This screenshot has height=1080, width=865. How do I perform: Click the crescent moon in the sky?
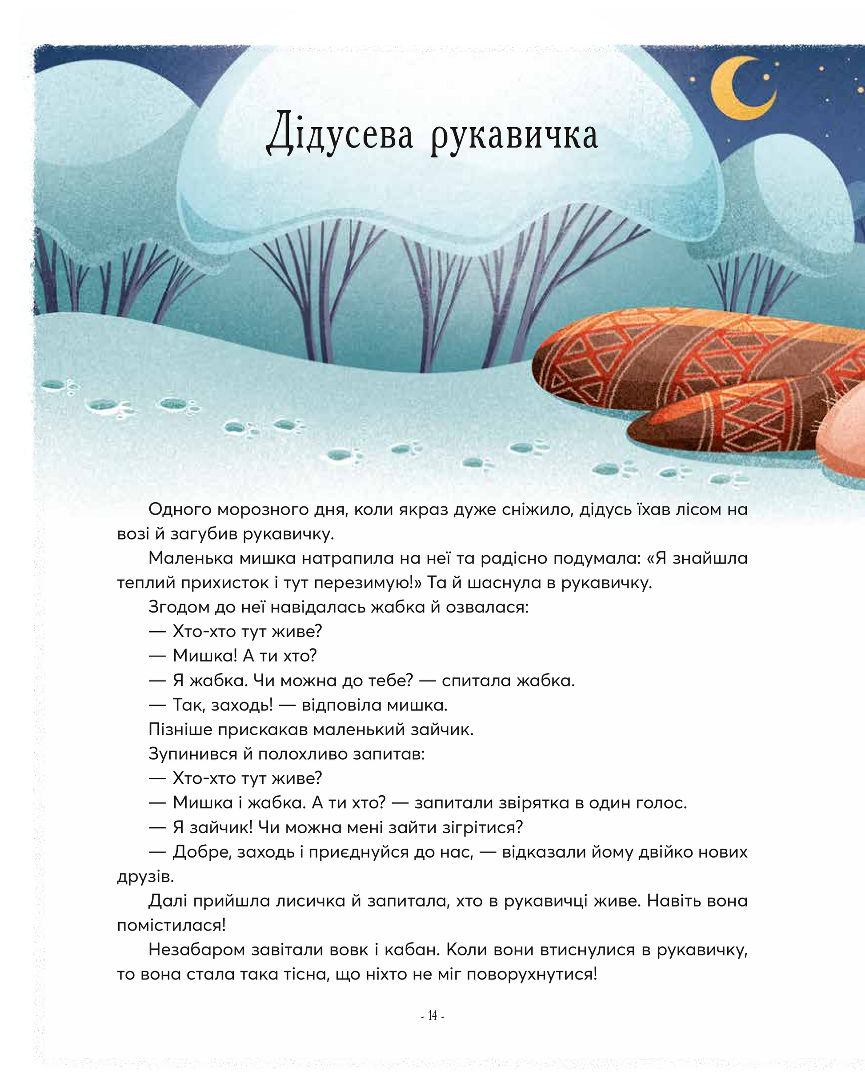[x=736, y=88]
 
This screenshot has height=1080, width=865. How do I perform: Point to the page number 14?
[x=432, y=1016]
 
